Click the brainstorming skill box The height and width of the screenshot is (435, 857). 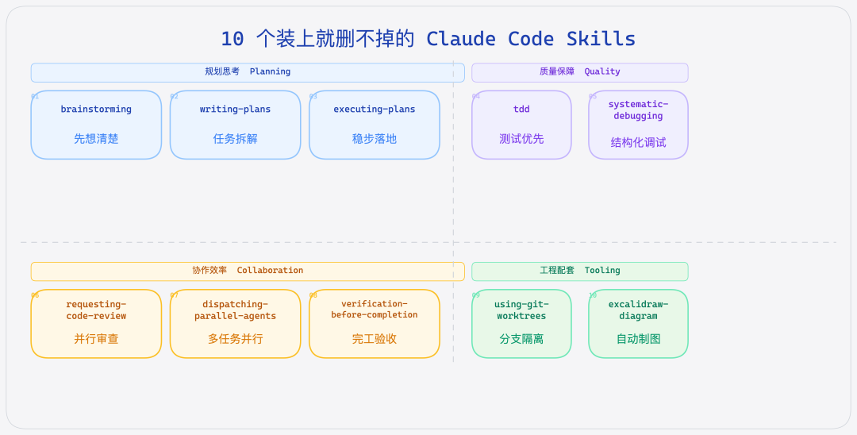coord(96,125)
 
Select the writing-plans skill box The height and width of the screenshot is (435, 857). coord(235,125)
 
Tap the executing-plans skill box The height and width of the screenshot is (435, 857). coord(374,125)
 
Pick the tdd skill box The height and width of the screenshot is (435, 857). coord(521,125)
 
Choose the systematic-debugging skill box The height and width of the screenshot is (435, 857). coord(638,125)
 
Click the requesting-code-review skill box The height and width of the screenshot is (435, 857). coord(96,324)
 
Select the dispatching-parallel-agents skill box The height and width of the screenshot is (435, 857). coord(235,324)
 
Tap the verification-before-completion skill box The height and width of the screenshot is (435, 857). coord(374,324)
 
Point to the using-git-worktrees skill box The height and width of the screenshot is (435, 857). coord(521,324)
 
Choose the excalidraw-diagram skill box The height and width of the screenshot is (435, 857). coord(638,324)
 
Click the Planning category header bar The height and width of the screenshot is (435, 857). coord(248,72)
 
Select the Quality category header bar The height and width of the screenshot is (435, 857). coord(579,72)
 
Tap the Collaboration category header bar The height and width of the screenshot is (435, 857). coord(248,271)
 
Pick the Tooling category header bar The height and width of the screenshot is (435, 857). coord(579,271)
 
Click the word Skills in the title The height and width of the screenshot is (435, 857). coord(601,39)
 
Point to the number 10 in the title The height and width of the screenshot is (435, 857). coord(233,39)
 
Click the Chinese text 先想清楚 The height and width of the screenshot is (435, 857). coord(96,139)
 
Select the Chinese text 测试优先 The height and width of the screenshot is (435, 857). coord(521,139)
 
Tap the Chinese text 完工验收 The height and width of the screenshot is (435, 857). coord(374,339)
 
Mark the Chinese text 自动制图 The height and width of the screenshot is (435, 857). coord(638,339)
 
